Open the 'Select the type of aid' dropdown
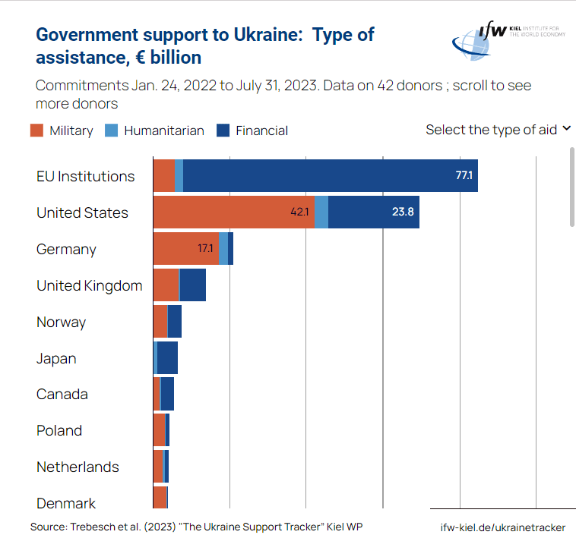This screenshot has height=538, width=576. (498, 130)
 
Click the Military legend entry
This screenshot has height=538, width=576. (62, 131)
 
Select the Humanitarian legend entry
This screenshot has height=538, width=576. (155, 131)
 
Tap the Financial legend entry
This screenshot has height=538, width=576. (252, 131)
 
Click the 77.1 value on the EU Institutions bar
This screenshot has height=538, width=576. (464, 176)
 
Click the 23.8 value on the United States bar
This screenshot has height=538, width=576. (403, 212)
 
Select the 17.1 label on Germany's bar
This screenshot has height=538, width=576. (205, 249)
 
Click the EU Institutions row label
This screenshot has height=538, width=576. (85, 176)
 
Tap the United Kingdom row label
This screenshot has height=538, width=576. (89, 285)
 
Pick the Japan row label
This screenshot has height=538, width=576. (56, 358)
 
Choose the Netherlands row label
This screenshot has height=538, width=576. (78, 467)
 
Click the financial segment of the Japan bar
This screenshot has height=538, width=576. (167, 358)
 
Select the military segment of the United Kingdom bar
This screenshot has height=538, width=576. (166, 285)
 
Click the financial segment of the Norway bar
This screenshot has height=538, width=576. (174, 322)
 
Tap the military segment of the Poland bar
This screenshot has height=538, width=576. (159, 430)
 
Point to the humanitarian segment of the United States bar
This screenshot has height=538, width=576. (321, 212)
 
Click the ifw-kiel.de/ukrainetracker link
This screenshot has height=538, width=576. (502, 527)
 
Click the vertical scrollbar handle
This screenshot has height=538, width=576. (571, 187)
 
